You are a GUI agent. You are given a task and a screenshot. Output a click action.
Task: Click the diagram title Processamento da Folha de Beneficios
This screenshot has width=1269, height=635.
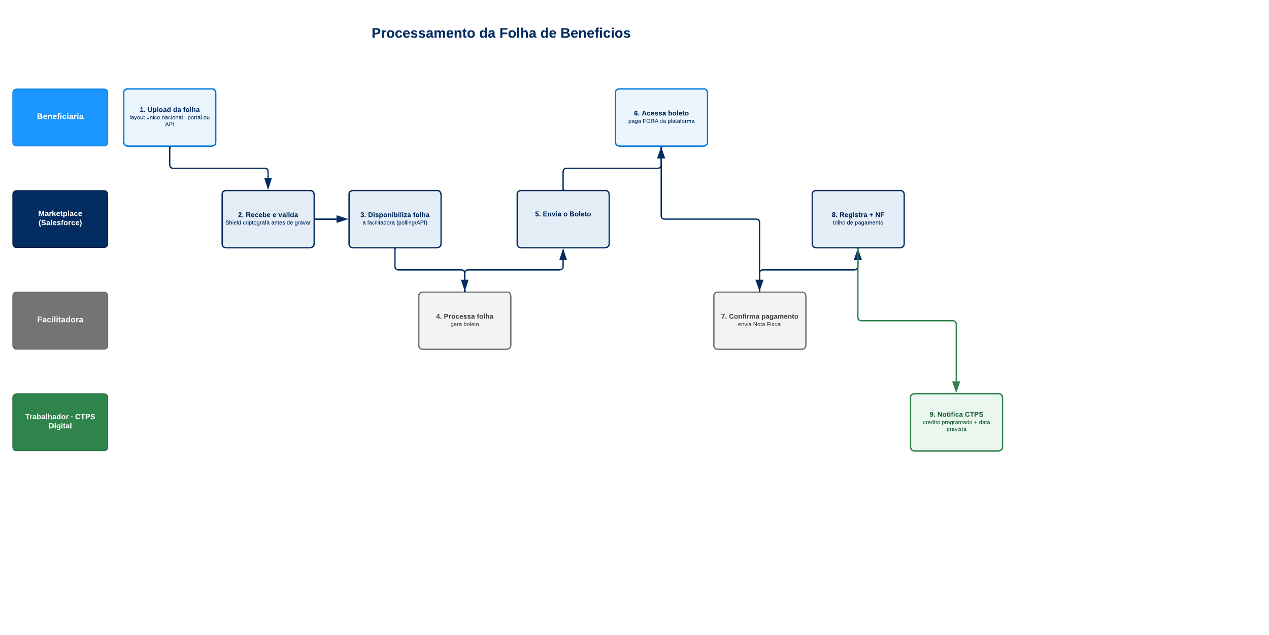[501, 33]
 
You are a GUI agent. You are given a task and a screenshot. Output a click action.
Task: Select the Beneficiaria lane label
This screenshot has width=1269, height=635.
[60, 117]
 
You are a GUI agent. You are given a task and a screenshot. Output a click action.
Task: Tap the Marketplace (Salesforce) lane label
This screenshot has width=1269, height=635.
[60, 219]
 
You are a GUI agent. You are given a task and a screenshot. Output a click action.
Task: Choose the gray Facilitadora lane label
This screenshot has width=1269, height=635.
[60, 321]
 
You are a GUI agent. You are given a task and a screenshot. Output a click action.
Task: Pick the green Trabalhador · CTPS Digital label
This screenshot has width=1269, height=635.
[60, 422]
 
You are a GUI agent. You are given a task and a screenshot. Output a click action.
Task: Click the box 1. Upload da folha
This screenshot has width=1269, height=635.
[170, 117]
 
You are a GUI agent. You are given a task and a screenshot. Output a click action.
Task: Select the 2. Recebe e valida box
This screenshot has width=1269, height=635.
[268, 219]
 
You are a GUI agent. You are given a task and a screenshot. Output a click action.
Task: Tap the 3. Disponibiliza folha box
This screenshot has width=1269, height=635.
[395, 219]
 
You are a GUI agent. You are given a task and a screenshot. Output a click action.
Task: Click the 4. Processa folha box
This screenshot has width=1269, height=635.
[464, 321]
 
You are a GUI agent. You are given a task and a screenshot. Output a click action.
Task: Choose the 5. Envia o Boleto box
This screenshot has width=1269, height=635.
[563, 219]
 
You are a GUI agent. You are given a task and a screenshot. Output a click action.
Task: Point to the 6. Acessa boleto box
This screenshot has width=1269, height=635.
[661, 117]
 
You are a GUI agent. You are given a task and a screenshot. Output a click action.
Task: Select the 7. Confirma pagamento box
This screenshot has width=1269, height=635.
[760, 321]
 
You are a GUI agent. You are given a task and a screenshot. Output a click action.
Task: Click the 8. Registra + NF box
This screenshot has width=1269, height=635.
[858, 219]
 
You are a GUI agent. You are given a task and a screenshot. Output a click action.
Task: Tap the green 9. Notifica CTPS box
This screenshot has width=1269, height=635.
[956, 422]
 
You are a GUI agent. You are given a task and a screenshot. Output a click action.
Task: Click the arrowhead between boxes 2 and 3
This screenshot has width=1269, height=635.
[343, 219]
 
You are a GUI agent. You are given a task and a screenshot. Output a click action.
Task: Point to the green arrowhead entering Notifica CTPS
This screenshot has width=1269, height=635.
[956, 387]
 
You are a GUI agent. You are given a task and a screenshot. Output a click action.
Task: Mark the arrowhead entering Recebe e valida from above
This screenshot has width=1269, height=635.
[268, 184]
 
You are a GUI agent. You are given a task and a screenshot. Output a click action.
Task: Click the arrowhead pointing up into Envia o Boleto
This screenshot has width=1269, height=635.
[563, 254]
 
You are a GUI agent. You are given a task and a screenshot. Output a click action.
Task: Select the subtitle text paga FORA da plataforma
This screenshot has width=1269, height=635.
[661, 121]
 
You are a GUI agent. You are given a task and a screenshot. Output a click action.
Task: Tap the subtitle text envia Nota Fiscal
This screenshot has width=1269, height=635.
[760, 324]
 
